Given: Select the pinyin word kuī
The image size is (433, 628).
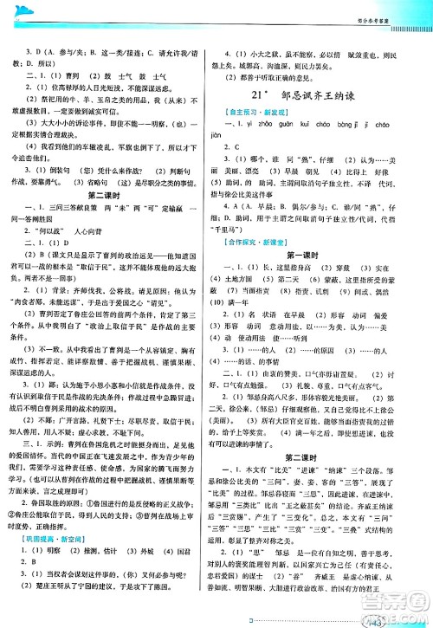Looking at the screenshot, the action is [x=328, y=125].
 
